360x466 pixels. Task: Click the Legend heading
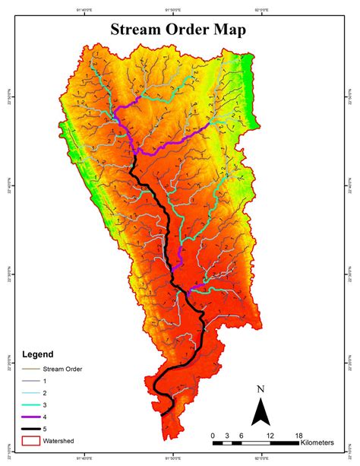pyautogui.click(x=38, y=355)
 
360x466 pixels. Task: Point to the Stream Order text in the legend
pyautogui.click(x=62, y=369)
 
